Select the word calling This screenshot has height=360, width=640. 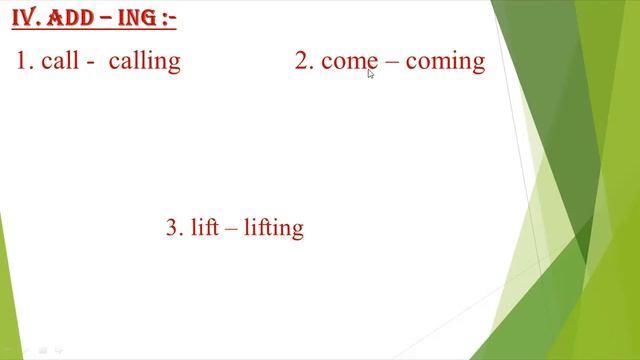tap(145, 61)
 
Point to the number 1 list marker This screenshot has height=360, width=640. tap(23, 61)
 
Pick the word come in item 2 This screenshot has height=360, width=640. tap(349, 61)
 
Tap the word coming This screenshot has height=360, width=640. tap(445, 62)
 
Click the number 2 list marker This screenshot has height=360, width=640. tap(303, 61)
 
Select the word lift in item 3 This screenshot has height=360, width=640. tap(203, 227)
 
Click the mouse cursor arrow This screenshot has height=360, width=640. tap(370, 72)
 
